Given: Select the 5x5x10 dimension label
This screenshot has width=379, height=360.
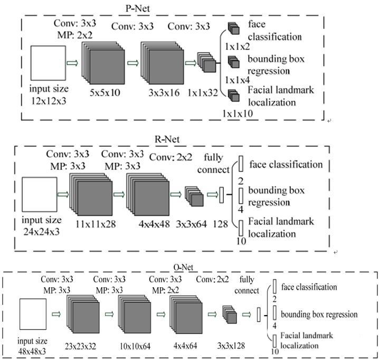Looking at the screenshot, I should [x=105, y=92].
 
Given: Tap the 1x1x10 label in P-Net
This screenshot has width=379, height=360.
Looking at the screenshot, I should [x=238, y=113].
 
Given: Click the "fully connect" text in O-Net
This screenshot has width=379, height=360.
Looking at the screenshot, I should [x=249, y=285].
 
